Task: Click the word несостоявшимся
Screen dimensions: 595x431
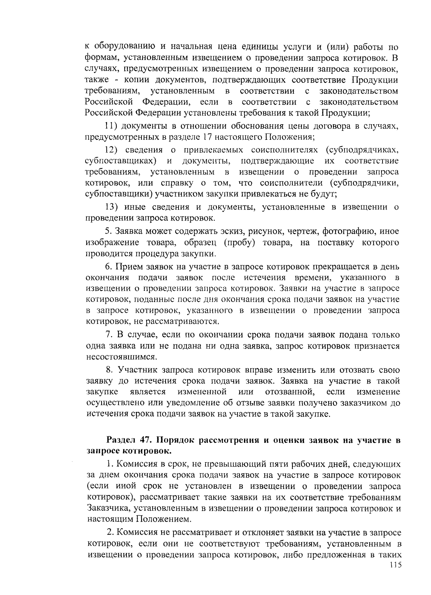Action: click(x=122, y=357)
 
